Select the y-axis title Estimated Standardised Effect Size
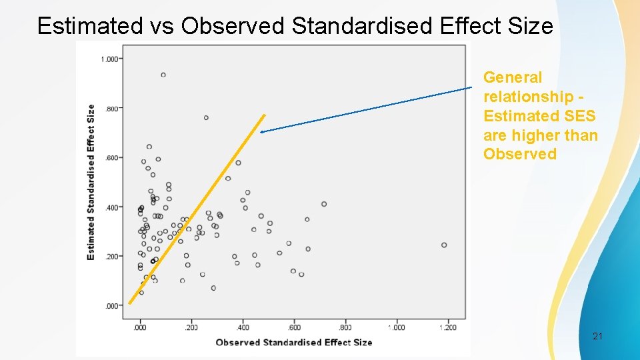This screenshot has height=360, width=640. click(91, 182)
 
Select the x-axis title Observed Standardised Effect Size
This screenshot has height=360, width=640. click(293, 342)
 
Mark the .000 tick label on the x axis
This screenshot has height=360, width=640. click(140, 327)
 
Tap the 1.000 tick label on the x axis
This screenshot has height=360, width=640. click(397, 327)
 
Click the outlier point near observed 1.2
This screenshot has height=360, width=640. click(444, 245)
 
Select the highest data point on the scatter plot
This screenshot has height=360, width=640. click(163, 75)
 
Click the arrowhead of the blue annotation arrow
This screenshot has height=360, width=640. click(262, 132)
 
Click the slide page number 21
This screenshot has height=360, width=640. click(597, 337)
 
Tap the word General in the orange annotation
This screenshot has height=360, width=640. click(512, 78)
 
